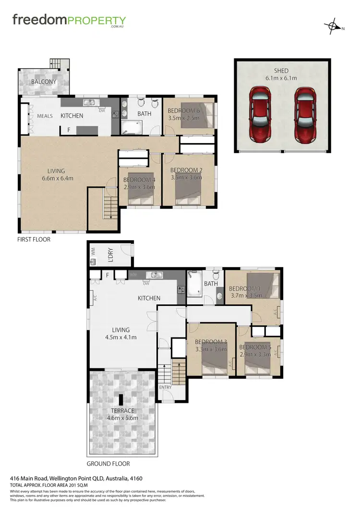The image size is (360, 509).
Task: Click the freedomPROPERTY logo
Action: click(x=69, y=21)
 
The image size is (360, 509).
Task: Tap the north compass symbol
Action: click(x=332, y=26)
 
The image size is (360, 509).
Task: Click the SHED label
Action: click(x=282, y=71)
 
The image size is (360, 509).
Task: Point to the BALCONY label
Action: click(x=44, y=82)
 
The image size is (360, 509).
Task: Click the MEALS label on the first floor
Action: click(x=45, y=116)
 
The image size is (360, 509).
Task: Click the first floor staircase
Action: click(x=111, y=208)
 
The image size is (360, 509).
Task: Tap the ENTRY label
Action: click(x=165, y=388)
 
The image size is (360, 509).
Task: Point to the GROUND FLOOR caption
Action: click(x=108, y=464)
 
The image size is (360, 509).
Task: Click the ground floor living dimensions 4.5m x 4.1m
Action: click(x=121, y=337)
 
